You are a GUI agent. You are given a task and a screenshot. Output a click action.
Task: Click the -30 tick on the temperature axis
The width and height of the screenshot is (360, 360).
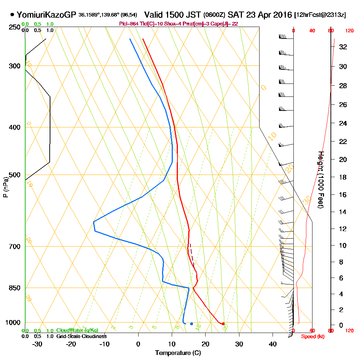[x=37, y=344]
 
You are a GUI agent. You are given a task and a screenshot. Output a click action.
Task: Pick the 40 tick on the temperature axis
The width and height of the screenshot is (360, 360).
[x=273, y=344]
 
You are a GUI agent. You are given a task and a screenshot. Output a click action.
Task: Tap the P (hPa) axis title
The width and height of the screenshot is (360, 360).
[x=5, y=187]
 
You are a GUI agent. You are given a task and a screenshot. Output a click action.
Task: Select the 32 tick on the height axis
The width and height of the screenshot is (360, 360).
[x=343, y=47]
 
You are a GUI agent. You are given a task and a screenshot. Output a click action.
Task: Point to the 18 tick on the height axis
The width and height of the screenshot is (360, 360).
[x=343, y=177]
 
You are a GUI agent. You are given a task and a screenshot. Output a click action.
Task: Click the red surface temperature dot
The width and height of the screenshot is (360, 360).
[x=224, y=324]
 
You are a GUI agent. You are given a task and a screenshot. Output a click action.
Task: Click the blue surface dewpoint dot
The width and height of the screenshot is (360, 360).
[x=192, y=324]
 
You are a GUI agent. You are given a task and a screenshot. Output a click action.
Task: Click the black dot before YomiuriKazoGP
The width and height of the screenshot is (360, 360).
[x=13, y=15]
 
